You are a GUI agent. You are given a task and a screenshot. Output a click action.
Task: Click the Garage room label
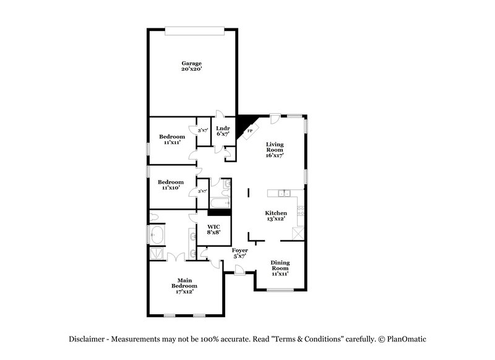tap(191, 63)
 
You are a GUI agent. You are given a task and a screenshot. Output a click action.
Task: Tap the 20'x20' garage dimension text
tap(191, 69)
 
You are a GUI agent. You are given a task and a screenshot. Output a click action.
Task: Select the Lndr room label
tap(223, 128)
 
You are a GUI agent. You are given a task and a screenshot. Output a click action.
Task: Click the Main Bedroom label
tap(184, 283)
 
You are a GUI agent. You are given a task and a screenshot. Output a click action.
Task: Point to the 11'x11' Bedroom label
tap(171, 139)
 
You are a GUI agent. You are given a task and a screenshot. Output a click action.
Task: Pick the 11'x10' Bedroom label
tap(170, 185)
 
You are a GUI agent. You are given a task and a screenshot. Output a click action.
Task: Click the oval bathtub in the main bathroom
tap(157, 236)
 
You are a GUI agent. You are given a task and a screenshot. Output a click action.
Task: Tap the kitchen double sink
tap(286, 194)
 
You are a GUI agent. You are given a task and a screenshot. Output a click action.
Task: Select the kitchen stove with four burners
tap(301, 214)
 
